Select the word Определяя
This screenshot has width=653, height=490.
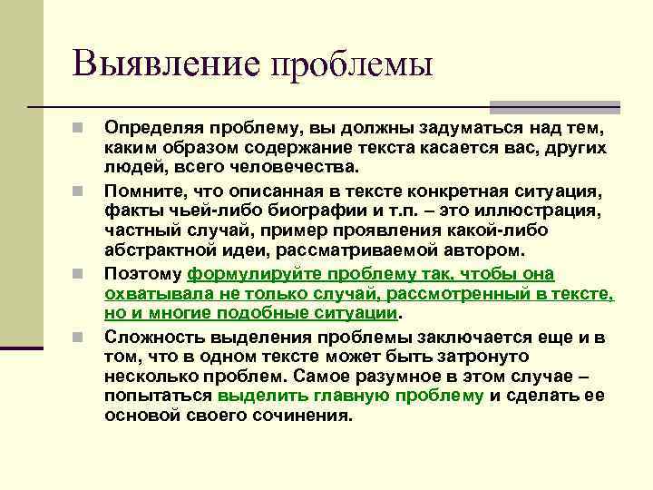150,127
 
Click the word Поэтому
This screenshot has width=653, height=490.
143,274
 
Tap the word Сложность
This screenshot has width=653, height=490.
148,337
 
